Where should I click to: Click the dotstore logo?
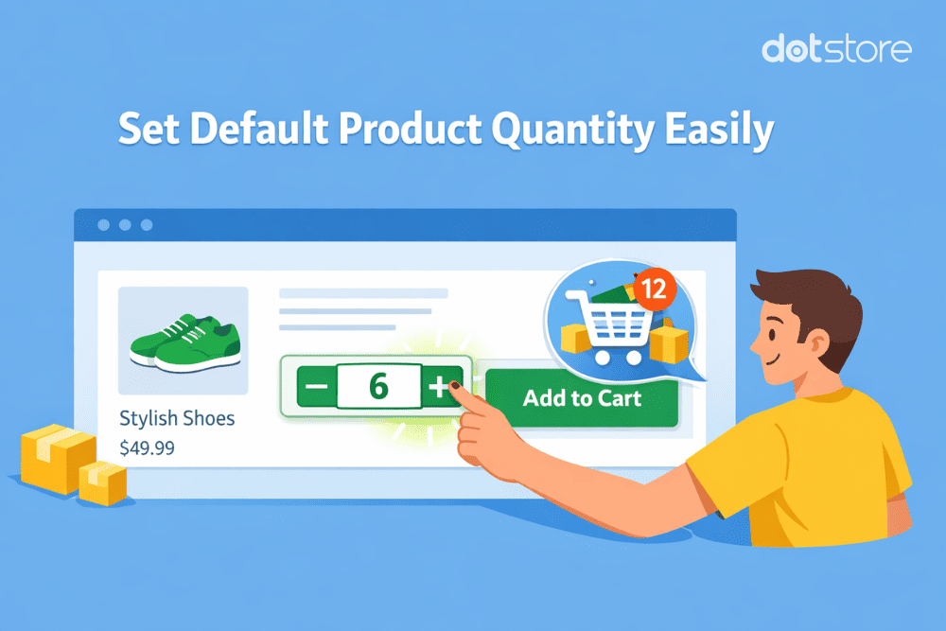(836, 49)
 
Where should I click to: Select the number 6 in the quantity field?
(378, 388)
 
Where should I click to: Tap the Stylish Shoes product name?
(177, 418)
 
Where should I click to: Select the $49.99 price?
(147, 447)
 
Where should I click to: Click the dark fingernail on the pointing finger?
(454, 386)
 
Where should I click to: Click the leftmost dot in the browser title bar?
(103, 225)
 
